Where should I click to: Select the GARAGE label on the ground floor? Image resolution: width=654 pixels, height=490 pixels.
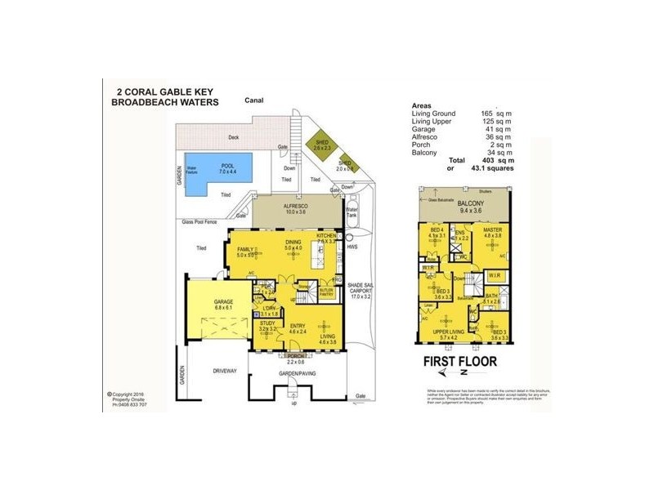[x=224, y=301]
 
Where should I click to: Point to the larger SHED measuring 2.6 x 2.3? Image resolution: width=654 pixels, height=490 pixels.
[x=322, y=145]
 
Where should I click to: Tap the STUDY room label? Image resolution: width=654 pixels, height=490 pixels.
[x=267, y=323]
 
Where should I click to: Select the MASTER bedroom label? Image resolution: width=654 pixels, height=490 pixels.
[x=491, y=230]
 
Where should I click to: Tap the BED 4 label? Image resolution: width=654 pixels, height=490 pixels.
[x=438, y=230]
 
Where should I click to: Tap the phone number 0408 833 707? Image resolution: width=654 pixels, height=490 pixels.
[x=129, y=404]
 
